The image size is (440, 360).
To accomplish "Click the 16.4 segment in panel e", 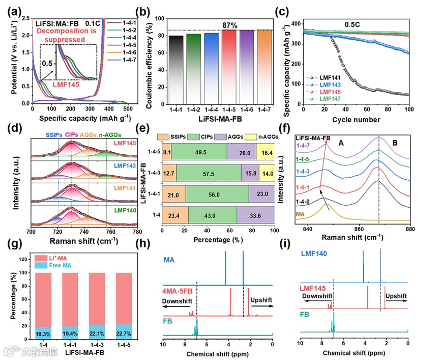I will point(265,151).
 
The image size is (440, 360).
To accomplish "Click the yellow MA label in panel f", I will point(302,216).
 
